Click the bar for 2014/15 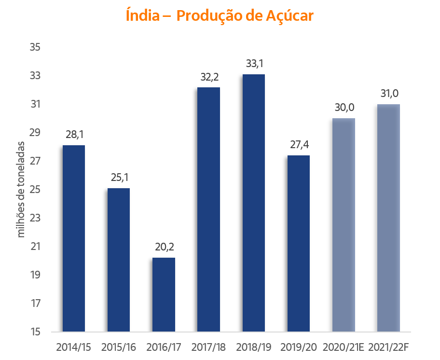point(74,238)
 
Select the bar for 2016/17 point(164,294)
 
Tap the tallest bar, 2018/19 point(254,203)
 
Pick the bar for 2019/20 point(299,243)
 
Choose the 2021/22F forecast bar point(389,218)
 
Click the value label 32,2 point(209,77)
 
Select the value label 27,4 point(299,145)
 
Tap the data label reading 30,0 point(344,108)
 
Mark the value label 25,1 point(119,178)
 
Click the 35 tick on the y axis point(35,47)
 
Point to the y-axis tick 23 point(35,218)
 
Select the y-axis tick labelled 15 point(35,332)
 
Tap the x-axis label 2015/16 point(119,347)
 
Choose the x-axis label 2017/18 point(209,347)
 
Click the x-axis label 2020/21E point(344,347)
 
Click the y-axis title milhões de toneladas point(21,189)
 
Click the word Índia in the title point(142,15)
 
